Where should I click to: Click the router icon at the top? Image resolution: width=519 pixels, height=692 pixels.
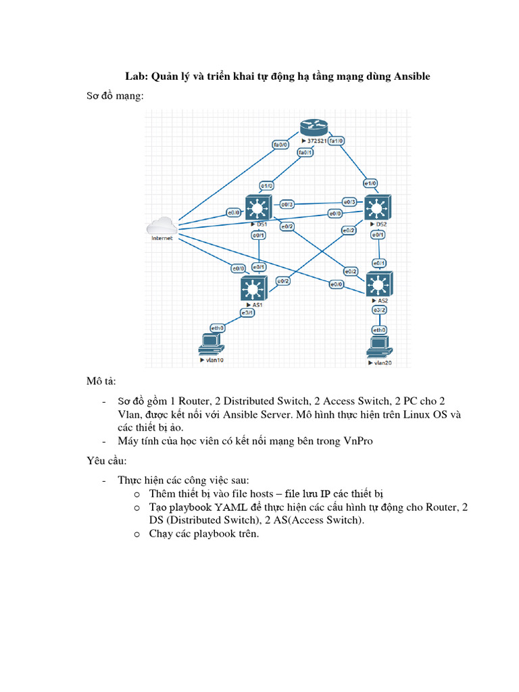[x=313, y=128]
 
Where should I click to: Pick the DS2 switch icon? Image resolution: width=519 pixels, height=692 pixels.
[x=378, y=207]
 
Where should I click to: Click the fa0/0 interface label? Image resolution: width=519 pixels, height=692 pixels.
[x=280, y=145]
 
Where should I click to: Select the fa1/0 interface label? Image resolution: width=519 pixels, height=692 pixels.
[x=337, y=141]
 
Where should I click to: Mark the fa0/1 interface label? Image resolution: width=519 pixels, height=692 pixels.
[x=305, y=153]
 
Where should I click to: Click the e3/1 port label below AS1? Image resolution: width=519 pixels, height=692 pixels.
[x=247, y=313]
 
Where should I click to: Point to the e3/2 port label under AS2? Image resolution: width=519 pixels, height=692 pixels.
[x=379, y=310]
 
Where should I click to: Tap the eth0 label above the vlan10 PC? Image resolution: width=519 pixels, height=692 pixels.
[x=218, y=328]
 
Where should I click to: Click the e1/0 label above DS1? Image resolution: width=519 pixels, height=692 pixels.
[x=266, y=185]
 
